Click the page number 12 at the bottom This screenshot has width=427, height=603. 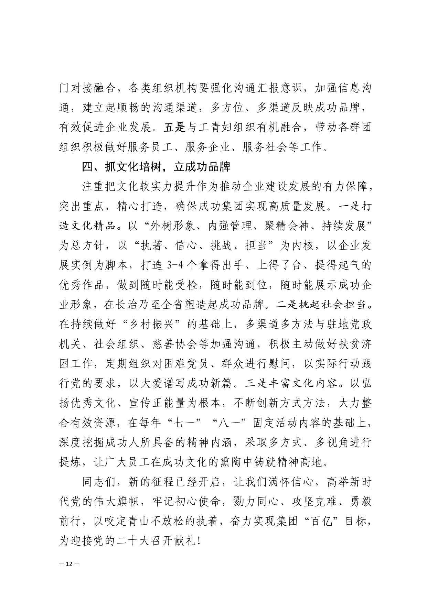tap(69, 564)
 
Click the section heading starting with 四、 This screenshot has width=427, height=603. tap(156, 167)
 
